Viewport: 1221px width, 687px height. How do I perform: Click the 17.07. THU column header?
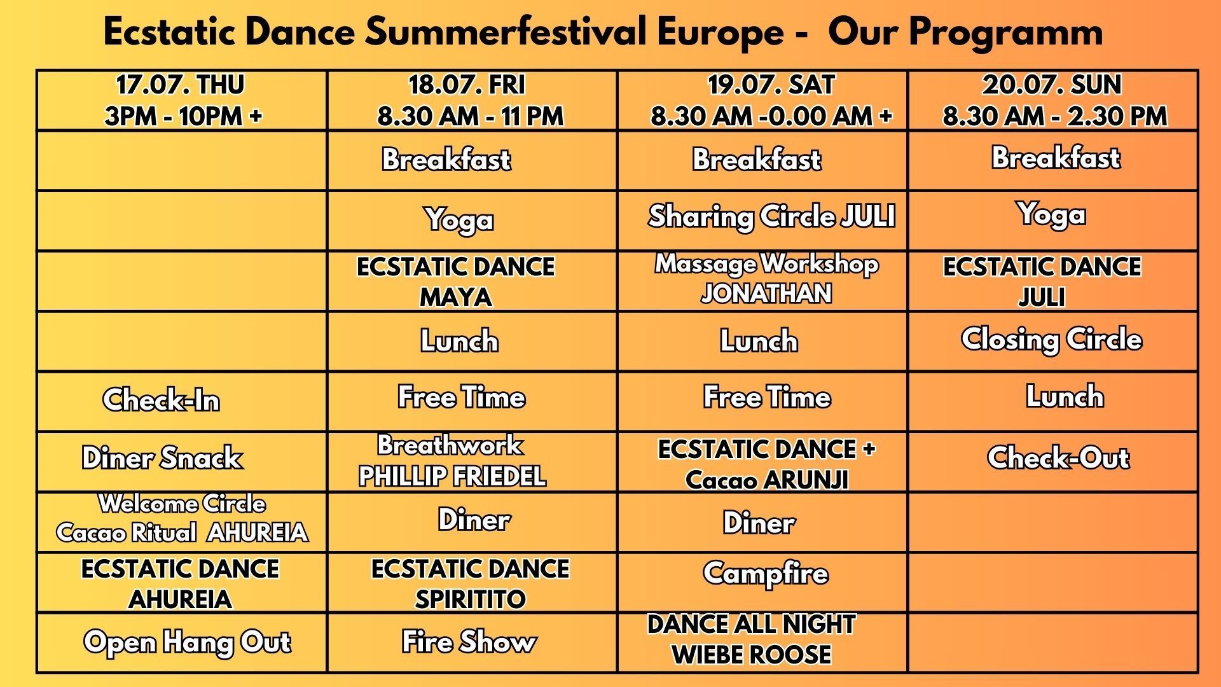181,101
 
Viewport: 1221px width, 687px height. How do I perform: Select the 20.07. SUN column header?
1054,101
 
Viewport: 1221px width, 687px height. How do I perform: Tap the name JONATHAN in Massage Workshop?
766,294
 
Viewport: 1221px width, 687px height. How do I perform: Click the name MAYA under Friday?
456,297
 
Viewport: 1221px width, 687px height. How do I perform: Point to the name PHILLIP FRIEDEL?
452,476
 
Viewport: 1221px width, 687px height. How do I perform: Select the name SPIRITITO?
470,599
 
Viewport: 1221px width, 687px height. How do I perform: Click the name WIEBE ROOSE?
751,655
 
